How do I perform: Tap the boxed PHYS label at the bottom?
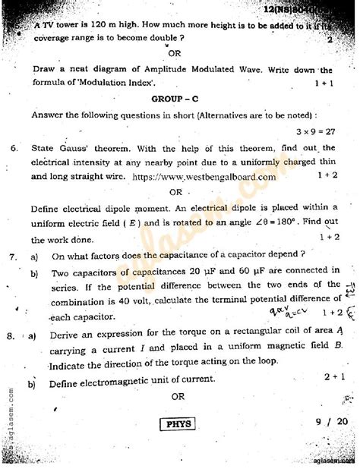[x=179, y=424]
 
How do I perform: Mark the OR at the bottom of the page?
[x=178, y=396]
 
